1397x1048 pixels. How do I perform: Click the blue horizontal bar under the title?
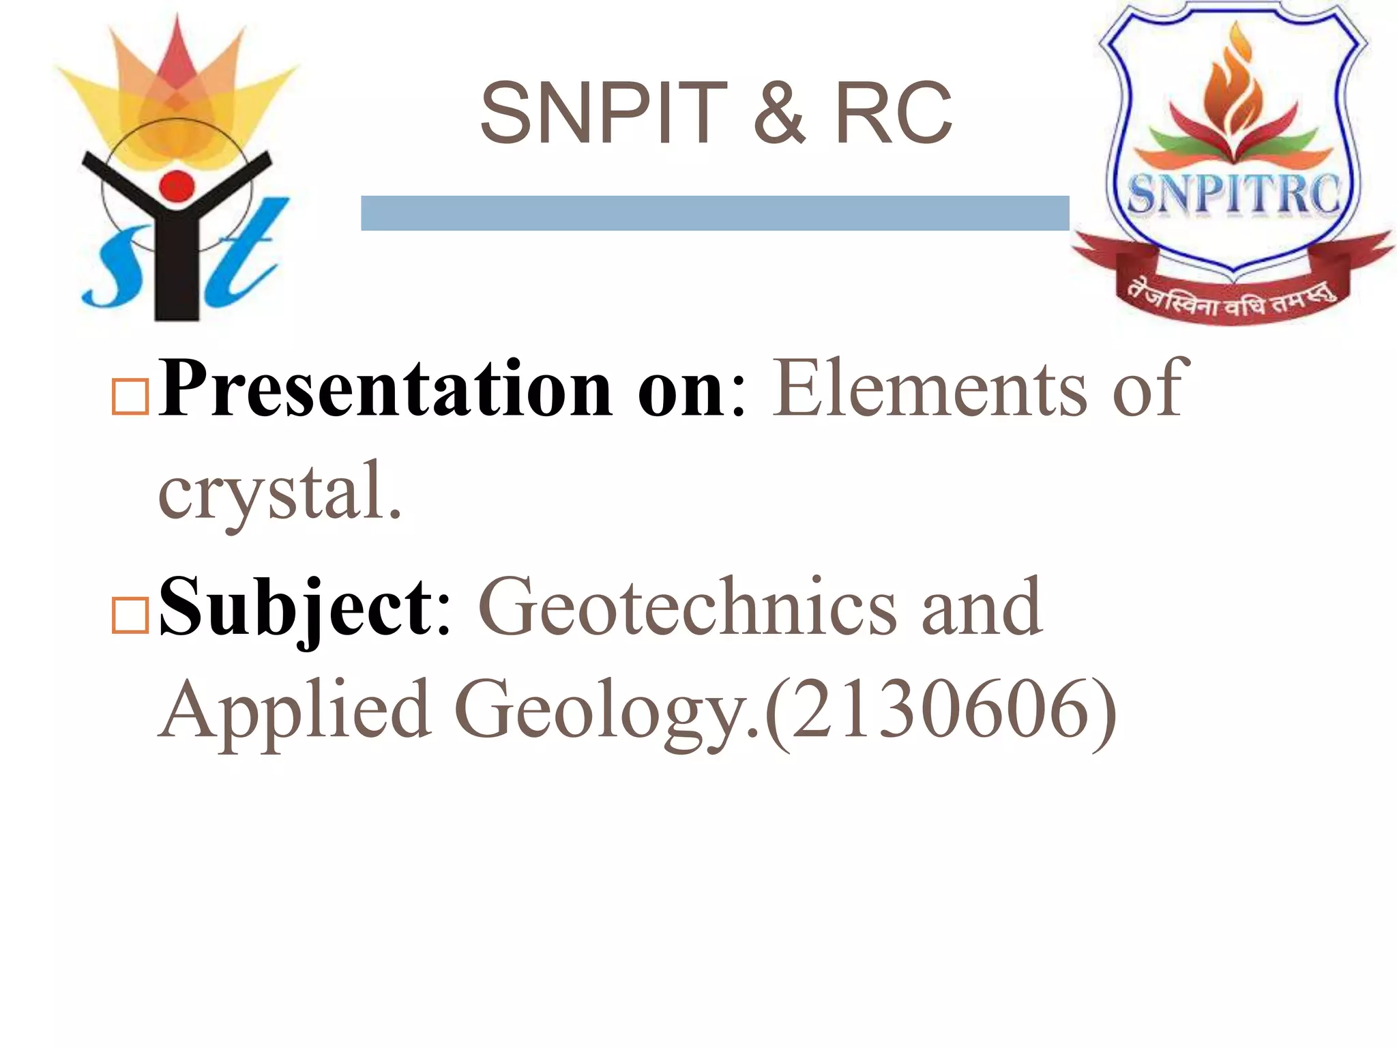tap(714, 213)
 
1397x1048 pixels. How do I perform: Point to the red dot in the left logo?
tap(177, 186)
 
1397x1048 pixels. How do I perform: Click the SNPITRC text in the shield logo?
tap(1233, 194)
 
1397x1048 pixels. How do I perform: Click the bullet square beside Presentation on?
tap(130, 396)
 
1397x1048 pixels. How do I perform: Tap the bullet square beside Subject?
tap(130, 615)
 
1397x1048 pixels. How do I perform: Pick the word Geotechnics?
tap(687, 607)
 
